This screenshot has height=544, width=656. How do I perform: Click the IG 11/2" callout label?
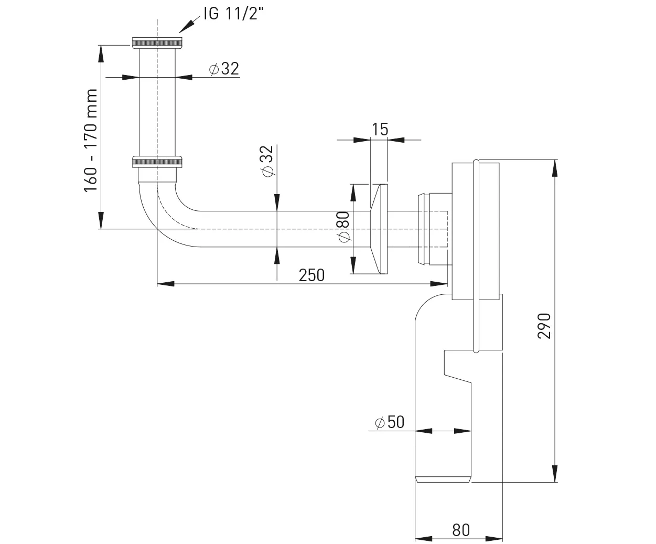(x=233, y=14)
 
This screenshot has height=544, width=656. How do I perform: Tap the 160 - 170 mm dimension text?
(x=91, y=140)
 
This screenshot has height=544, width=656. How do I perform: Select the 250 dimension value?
(x=311, y=275)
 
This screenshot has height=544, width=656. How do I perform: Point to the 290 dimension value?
(x=544, y=326)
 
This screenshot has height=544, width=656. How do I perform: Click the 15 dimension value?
(x=380, y=129)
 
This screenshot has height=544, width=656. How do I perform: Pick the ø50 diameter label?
(x=390, y=422)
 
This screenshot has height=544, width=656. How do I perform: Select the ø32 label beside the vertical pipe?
(x=224, y=69)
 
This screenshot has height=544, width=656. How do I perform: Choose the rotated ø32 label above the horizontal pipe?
(x=268, y=161)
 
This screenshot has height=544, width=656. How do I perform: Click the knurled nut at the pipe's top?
(x=157, y=43)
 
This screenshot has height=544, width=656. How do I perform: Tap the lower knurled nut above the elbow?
(x=157, y=161)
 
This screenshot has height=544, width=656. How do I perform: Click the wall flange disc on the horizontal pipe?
(x=379, y=229)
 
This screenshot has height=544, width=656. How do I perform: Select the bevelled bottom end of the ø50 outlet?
(x=443, y=479)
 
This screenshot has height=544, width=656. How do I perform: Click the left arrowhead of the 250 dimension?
(x=165, y=284)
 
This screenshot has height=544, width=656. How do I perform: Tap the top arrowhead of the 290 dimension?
(x=555, y=168)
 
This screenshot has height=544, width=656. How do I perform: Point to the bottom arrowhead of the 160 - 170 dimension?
(x=101, y=220)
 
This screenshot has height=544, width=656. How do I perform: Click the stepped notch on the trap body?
(x=457, y=367)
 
